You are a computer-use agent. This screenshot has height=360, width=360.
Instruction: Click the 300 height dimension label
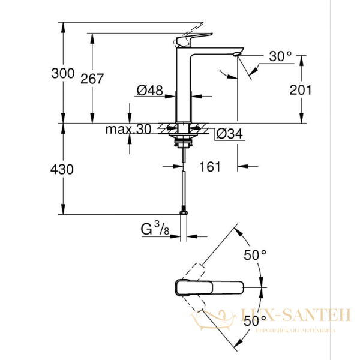tap(63, 74)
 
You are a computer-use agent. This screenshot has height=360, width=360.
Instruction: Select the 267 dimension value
tap(92, 79)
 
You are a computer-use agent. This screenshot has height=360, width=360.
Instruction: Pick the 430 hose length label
tap(63, 170)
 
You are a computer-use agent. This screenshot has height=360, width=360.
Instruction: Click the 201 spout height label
tap(301, 91)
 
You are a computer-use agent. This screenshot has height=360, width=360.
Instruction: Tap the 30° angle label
tap(280, 57)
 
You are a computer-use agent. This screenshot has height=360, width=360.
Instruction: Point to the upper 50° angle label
tap(255, 255)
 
